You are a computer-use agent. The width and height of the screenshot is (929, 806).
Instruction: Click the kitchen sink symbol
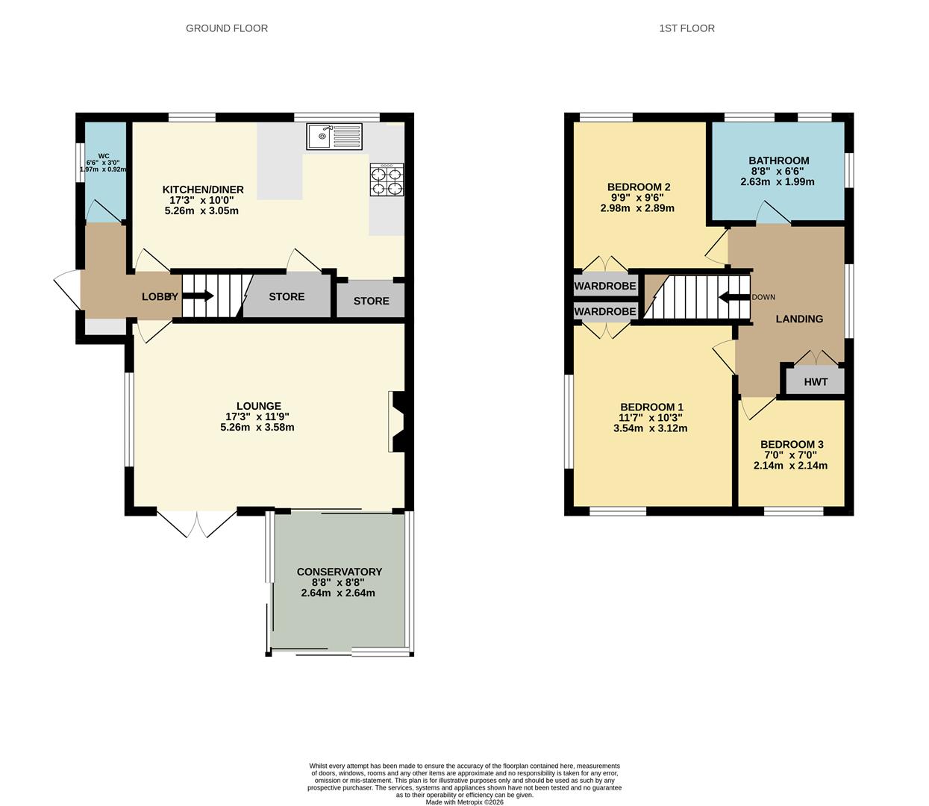[334, 137]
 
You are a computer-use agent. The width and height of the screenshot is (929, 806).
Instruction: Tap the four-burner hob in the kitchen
[387, 180]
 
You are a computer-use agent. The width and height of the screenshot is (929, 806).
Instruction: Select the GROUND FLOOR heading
[227, 28]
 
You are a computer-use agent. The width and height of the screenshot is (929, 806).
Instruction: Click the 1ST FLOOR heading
[686, 28]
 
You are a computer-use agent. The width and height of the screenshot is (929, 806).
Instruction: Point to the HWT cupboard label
[816, 382]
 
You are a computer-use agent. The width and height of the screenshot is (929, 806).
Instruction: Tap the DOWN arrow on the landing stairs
[734, 297]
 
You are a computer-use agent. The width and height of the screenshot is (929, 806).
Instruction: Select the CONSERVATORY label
[339, 572]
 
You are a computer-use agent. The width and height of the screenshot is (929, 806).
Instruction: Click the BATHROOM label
[778, 160]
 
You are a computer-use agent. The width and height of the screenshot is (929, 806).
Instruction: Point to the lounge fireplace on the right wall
[396, 422]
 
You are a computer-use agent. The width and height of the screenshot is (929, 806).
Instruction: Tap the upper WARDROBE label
[605, 286]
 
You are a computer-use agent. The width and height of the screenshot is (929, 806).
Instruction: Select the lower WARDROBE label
[605, 311]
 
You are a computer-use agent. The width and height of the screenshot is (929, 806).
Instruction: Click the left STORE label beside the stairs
[287, 296]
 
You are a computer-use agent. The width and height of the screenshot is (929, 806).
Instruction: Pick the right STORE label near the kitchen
[371, 301]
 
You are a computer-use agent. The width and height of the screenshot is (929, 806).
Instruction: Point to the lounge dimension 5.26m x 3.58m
[257, 428]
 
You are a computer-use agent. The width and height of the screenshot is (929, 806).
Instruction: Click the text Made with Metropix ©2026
[464, 802]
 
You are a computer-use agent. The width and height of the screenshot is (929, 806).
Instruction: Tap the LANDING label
[799, 319]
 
